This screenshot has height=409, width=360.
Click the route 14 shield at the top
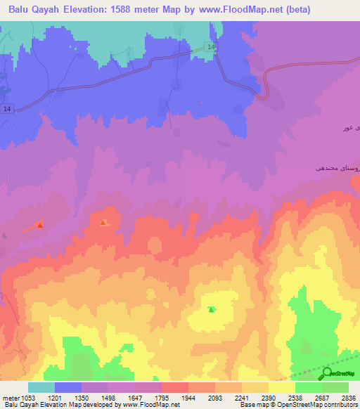(212, 46)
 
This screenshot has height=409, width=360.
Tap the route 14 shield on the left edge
(7, 109)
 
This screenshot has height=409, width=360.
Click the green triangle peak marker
(212, 309)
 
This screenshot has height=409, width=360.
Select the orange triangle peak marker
(103, 223)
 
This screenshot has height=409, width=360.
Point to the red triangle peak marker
(40, 225)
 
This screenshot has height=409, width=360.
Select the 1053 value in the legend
(28, 398)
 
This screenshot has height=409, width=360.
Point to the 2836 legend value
(348, 398)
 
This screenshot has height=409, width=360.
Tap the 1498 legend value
(108, 398)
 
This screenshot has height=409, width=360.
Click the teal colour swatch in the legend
(41, 387)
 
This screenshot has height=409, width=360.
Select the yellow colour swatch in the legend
(281, 387)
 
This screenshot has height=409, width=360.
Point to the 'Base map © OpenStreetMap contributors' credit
(298, 405)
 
